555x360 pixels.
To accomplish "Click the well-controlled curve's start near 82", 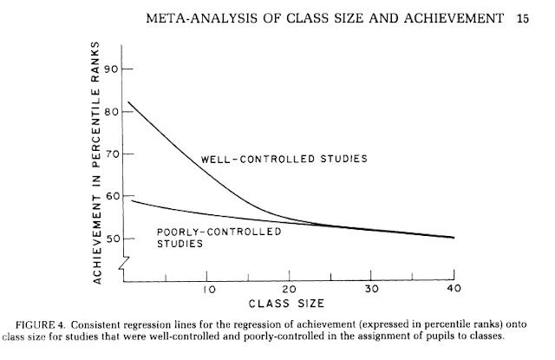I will coord(128,102).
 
